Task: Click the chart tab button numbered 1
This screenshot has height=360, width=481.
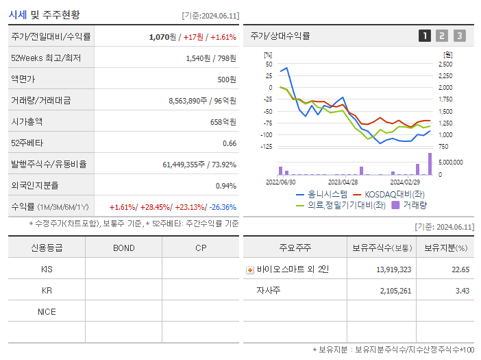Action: pos(425,36)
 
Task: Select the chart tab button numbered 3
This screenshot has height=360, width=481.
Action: pos(459,36)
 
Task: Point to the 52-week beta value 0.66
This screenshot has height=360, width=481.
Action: pos(230,143)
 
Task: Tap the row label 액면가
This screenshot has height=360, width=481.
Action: pos(26,79)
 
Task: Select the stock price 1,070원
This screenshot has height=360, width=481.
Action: pos(163,36)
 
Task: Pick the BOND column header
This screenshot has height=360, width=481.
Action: pos(123,248)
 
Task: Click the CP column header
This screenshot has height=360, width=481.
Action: pos(201,248)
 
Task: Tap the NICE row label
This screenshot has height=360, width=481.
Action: pos(47,311)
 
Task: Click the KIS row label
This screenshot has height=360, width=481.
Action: pos(47,269)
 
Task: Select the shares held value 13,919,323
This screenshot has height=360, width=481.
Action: pos(393,269)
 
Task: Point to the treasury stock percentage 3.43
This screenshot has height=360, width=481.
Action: pos(461,291)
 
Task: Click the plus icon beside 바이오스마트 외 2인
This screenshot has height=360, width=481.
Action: pos(250,270)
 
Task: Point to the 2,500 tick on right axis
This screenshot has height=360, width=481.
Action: pos(445,64)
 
